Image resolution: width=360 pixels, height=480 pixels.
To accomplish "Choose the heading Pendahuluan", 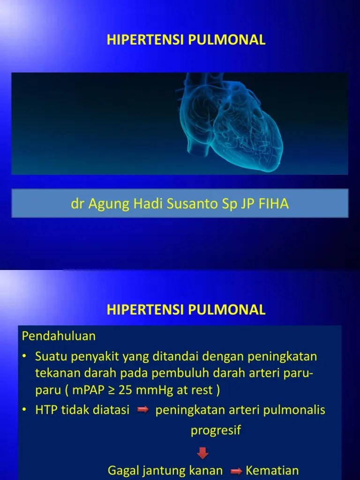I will (x=59, y=336).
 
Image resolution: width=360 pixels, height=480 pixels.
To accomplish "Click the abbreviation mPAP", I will (x=89, y=390).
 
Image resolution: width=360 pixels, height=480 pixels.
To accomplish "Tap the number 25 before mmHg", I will (x=126, y=390).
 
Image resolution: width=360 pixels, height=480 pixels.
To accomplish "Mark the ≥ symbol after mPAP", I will (x=111, y=390).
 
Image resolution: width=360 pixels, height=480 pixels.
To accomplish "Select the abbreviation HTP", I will (x=45, y=410).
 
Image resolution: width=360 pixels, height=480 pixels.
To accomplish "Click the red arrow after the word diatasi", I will (x=142, y=411).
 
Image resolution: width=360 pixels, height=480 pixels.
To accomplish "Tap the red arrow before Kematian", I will (x=237, y=471).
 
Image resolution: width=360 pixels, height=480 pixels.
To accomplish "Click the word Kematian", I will (x=272, y=471).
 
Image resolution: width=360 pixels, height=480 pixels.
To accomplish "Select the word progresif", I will (x=216, y=430).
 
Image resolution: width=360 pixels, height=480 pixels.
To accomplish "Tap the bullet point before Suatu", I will (x=24, y=357).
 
